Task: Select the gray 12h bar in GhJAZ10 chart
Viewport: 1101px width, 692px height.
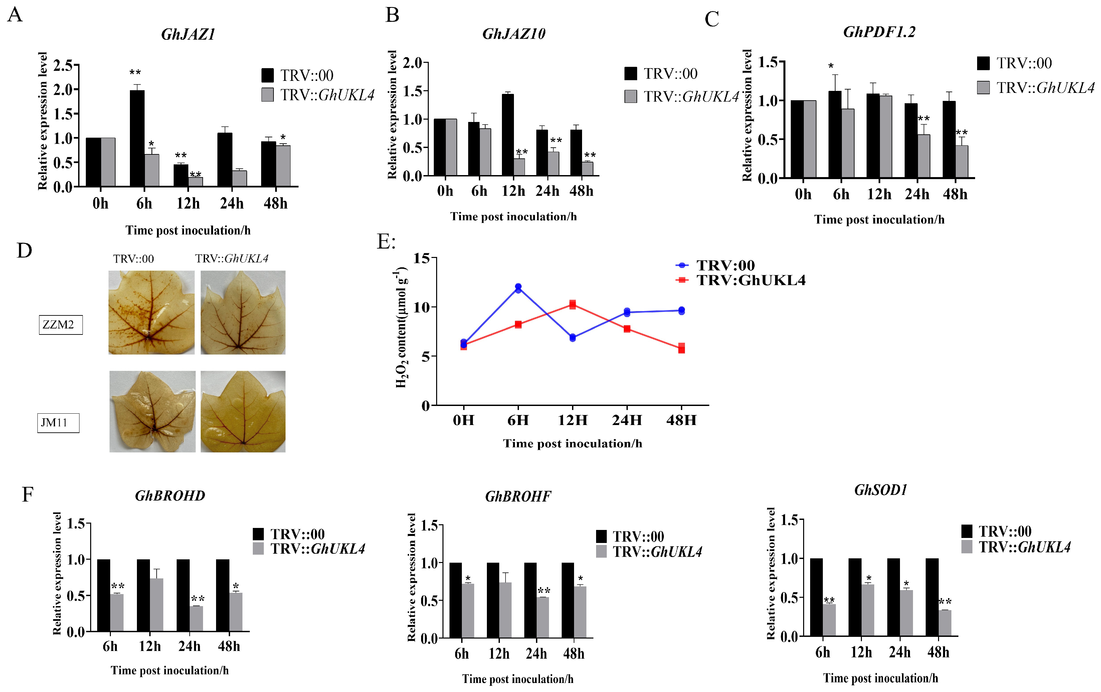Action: point(519,167)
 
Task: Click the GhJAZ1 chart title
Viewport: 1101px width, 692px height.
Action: point(188,35)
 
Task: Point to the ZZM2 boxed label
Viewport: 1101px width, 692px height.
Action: point(60,325)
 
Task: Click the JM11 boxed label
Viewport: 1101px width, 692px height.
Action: point(58,423)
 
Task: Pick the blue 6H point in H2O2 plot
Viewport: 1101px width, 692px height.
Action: point(518,288)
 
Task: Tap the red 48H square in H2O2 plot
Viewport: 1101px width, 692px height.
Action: point(681,348)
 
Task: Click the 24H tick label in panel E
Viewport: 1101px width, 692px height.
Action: point(627,420)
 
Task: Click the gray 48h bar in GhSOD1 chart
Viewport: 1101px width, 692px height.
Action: point(945,622)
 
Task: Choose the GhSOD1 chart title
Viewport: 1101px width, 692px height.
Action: point(880,490)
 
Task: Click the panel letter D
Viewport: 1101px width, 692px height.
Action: point(24,251)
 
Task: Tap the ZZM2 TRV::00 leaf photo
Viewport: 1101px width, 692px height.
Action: point(151,312)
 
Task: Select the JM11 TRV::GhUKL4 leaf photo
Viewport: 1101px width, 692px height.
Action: point(243,411)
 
